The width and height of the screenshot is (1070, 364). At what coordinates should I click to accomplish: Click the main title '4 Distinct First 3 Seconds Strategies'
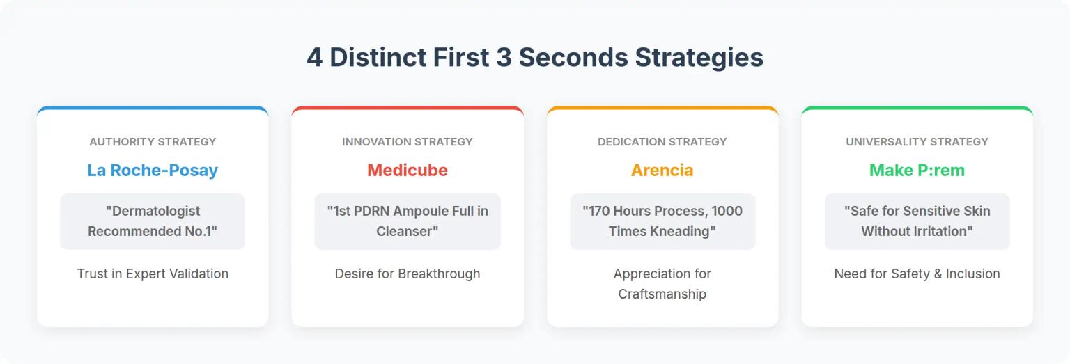(x=535, y=58)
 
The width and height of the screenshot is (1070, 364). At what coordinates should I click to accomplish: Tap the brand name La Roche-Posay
(x=153, y=171)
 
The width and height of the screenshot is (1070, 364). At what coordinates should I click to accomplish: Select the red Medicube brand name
(x=408, y=171)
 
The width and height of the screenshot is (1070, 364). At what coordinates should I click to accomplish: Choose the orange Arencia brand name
(x=662, y=171)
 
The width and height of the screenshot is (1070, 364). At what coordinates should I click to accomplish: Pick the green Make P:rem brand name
(x=917, y=171)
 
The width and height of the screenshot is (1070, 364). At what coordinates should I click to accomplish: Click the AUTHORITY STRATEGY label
(x=153, y=142)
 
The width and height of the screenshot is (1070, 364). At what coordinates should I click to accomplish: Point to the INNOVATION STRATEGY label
(x=408, y=142)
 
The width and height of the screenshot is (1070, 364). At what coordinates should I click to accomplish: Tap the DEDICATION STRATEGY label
(x=662, y=142)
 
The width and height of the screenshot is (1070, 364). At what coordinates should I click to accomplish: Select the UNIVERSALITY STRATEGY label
(x=917, y=142)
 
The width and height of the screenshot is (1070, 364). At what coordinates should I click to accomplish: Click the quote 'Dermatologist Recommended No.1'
(x=153, y=221)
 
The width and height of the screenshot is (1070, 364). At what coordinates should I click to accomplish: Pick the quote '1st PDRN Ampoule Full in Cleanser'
(x=408, y=221)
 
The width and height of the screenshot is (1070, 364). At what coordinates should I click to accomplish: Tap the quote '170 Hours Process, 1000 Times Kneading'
(x=662, y=221)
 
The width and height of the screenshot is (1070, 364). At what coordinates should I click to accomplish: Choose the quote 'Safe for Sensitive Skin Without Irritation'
(x=917, y=221)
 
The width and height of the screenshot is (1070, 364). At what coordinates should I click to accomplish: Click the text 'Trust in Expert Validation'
(x=153, y=274)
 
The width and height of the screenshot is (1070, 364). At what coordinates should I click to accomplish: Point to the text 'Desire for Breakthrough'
(x=408, y=274)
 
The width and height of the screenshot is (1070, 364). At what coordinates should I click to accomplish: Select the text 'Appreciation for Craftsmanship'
(x=662, y=284)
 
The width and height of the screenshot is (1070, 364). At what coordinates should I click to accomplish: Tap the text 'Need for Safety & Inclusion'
(x=917, y=274)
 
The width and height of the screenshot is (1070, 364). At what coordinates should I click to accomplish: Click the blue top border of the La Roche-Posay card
(x=153, y=108)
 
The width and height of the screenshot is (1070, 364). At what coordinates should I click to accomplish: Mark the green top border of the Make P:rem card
(x=917, y=108)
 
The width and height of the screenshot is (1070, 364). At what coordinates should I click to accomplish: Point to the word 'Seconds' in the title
(x=573, y=58)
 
